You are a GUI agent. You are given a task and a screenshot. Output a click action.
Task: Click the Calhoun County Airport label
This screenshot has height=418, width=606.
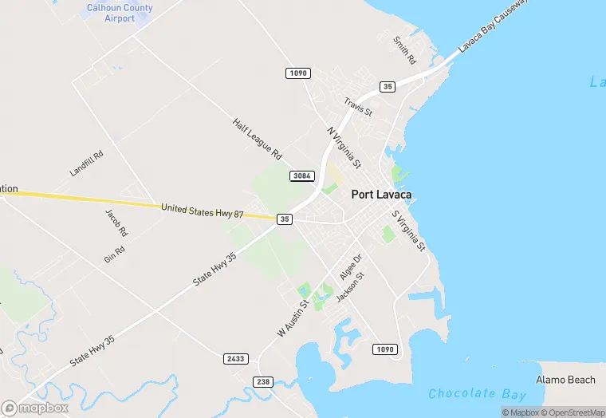click(x=120, y=13)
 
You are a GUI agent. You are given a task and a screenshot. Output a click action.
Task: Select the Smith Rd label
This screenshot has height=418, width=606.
click(x=406, y=49)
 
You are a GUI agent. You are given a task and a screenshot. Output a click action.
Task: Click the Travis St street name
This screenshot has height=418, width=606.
click(x=358, y=107)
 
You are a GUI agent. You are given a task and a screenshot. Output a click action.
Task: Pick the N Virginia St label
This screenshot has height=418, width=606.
click(x=344, y=147)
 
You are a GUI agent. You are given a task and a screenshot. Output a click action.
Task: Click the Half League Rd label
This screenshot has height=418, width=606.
click(x=258, y=138)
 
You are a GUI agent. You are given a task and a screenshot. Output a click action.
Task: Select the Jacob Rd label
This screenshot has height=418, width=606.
click(x=116, y=223)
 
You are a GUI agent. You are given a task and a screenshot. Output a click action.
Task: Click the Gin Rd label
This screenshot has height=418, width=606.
click(x=115, y=254)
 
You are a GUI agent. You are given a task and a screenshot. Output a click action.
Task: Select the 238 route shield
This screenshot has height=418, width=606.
click(x=263, y=382)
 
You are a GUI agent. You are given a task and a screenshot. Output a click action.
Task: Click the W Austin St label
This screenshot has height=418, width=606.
click(x=292, y=317)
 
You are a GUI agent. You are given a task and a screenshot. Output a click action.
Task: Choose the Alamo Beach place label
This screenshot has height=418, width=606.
click(x=565, y=380)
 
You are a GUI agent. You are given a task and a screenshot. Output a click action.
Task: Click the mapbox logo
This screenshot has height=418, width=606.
click(x=35, y=408)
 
